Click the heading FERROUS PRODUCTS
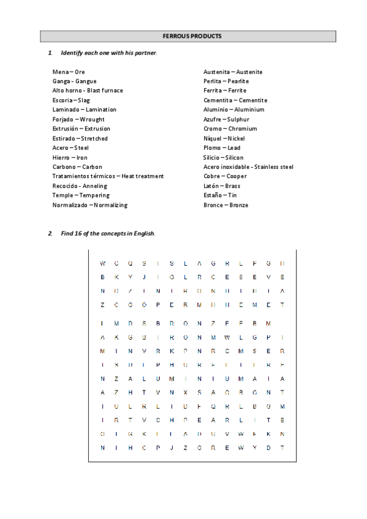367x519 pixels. tap(188, 36)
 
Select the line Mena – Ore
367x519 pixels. tap(69, 72)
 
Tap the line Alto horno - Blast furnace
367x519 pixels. tap(88, 91)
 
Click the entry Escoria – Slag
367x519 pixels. tap(71, 100)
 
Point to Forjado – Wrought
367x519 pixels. tap(78, 119)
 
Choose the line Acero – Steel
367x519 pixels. tap(70, 147)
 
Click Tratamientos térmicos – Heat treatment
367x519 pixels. tap(108, 176)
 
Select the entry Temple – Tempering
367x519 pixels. tap(81, 195)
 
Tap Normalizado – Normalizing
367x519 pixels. tap(90, 205)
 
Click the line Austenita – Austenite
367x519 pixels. tap(233, 72)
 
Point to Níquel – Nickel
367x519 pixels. tap(224, 138)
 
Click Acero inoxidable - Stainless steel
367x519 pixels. tap(248, 166)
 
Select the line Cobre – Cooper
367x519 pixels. tap(225, 176)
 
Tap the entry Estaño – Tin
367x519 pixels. tap(220, 195)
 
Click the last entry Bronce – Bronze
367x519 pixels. tap(225, 205)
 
